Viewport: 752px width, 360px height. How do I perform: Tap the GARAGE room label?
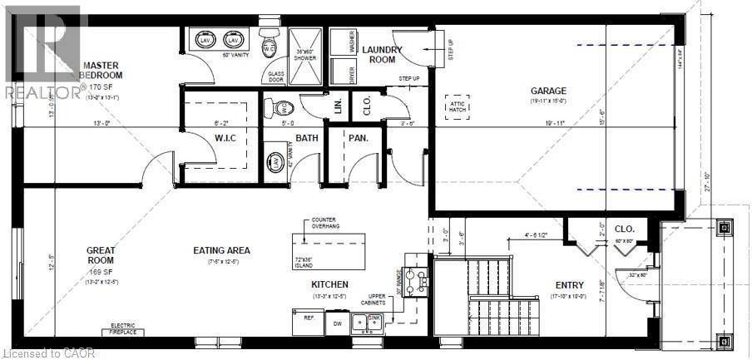click(548, 91)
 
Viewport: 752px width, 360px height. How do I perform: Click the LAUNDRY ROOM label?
click(382, 55)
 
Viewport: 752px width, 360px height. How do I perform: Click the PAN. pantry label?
click(359, 138)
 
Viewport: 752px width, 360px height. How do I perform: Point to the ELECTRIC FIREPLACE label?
click(129, 329)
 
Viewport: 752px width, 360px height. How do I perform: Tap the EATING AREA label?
click(221, 250)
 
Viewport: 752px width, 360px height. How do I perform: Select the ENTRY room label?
click(570, 285)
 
